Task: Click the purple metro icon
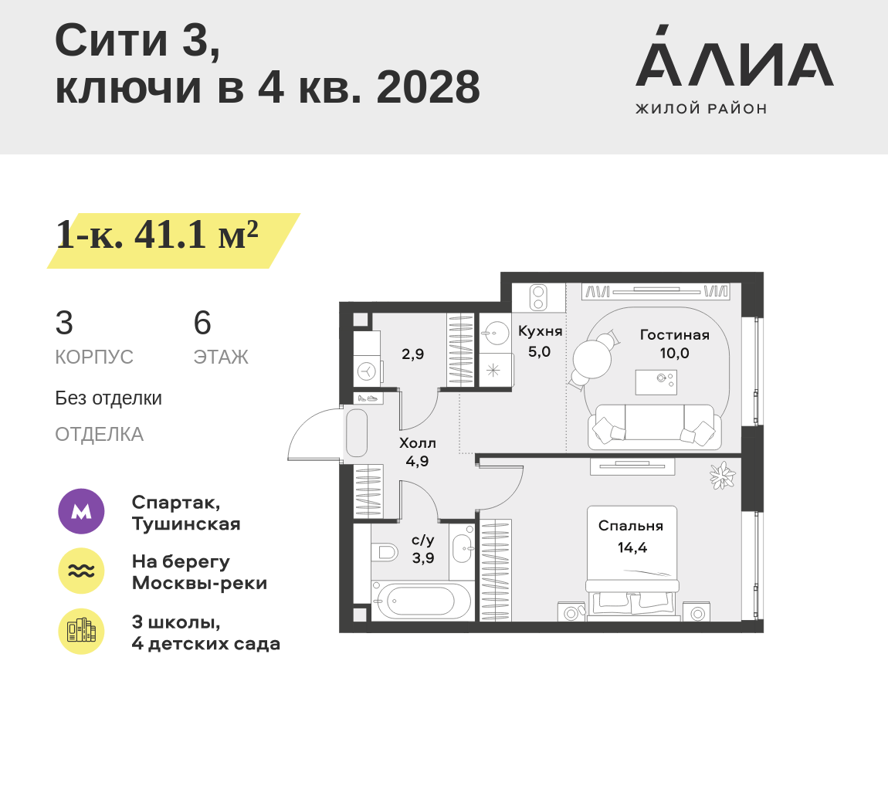(x=81, y=511)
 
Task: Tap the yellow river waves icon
(x=81, y=571)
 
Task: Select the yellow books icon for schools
(x=81, y=631)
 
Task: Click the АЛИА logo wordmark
(x=734, y=66)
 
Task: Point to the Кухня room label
(x=540, y=331)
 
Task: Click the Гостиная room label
(x=674, y=335)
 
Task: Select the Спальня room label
(x=631, y=526)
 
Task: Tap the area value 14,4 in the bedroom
(x=632, y=548)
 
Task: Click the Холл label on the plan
(x=417, y=443)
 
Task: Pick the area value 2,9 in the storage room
(x=412, y=354)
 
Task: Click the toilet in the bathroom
(x=384, y=552)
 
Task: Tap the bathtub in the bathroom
(x=421, y=601)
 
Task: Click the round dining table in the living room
(x=591, y=359)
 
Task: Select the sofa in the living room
(x=654, y=427)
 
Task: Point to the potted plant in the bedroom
(x=723, y=475)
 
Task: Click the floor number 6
(x=202, y=324)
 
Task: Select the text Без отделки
(x=108, y=398)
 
